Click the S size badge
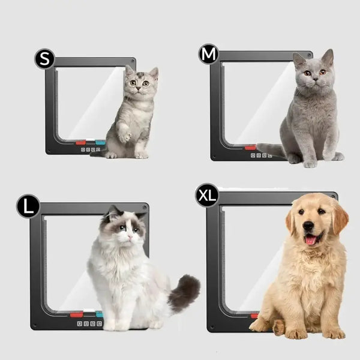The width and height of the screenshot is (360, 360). (45, 59)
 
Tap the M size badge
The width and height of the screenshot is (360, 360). (208, 54)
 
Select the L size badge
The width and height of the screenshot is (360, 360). (28, 206)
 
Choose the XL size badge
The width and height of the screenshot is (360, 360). (207, 196)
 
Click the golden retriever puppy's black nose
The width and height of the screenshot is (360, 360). (308, 226)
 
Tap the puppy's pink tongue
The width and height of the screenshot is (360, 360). (311, 240)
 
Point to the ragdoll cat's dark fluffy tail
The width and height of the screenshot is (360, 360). (184, 293)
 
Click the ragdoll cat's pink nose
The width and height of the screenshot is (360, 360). (130, 236)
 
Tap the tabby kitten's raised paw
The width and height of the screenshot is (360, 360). (125, 136)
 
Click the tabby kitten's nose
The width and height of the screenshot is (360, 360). (139, 88)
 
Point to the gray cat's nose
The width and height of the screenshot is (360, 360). (316, 79)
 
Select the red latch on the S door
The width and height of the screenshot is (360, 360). (81, 143)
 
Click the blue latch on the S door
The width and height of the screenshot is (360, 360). (100, 143)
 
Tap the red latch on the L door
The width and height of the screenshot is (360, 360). (76, 314)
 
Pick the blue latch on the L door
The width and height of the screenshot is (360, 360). (99, 314)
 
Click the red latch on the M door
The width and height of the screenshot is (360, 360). (250, 148)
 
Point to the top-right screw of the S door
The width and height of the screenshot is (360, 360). (133, 61)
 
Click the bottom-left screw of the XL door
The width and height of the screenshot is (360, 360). (212, 327)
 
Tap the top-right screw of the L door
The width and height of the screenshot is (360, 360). (145, 208)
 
